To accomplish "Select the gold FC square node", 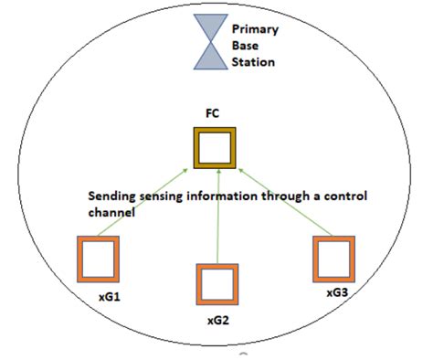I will (x=216, y=148).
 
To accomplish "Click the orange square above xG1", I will (x=97, y=258).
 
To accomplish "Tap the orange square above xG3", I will (x=333, y=259).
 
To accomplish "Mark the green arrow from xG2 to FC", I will (x=218, y=228).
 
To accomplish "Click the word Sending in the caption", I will (x=111, y=196).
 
